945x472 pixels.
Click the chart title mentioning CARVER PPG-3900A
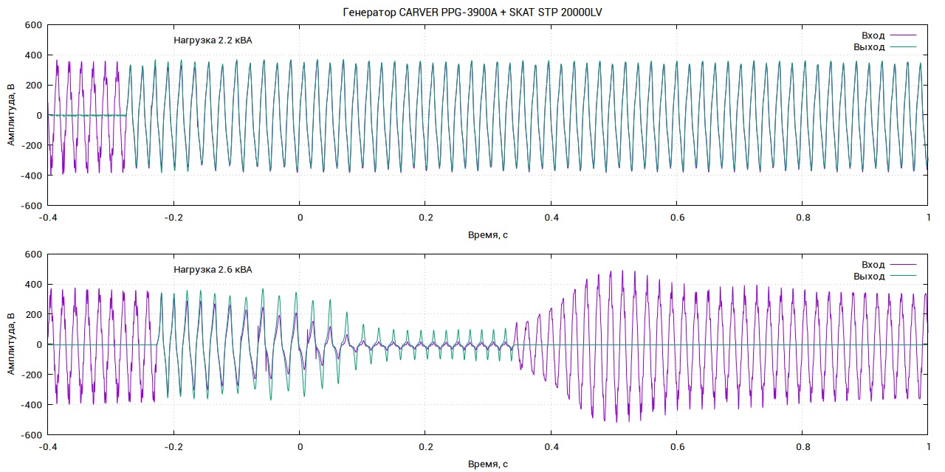click(x=472, y=12)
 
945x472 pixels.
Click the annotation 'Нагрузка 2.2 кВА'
click(x=213, y=41)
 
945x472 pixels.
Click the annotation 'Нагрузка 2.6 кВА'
click(x=213, y=270)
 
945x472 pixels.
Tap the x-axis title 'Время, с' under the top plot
click(x=488, y=235)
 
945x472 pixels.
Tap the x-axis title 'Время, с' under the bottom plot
click(x=488, y=465)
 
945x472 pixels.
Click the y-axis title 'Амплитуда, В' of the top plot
click(x=11, y=115)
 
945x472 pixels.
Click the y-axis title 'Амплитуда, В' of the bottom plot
click(x=11, y=344)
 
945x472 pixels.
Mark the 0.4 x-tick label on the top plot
click(x=551, y=218)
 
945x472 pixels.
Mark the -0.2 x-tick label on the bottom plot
click(x=173, y=448)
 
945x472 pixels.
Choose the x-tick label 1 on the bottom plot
click(x=928, y=448)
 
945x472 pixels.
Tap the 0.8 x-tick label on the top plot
click(x=803, y=218)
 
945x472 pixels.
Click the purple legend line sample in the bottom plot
click(x=903, y=264)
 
